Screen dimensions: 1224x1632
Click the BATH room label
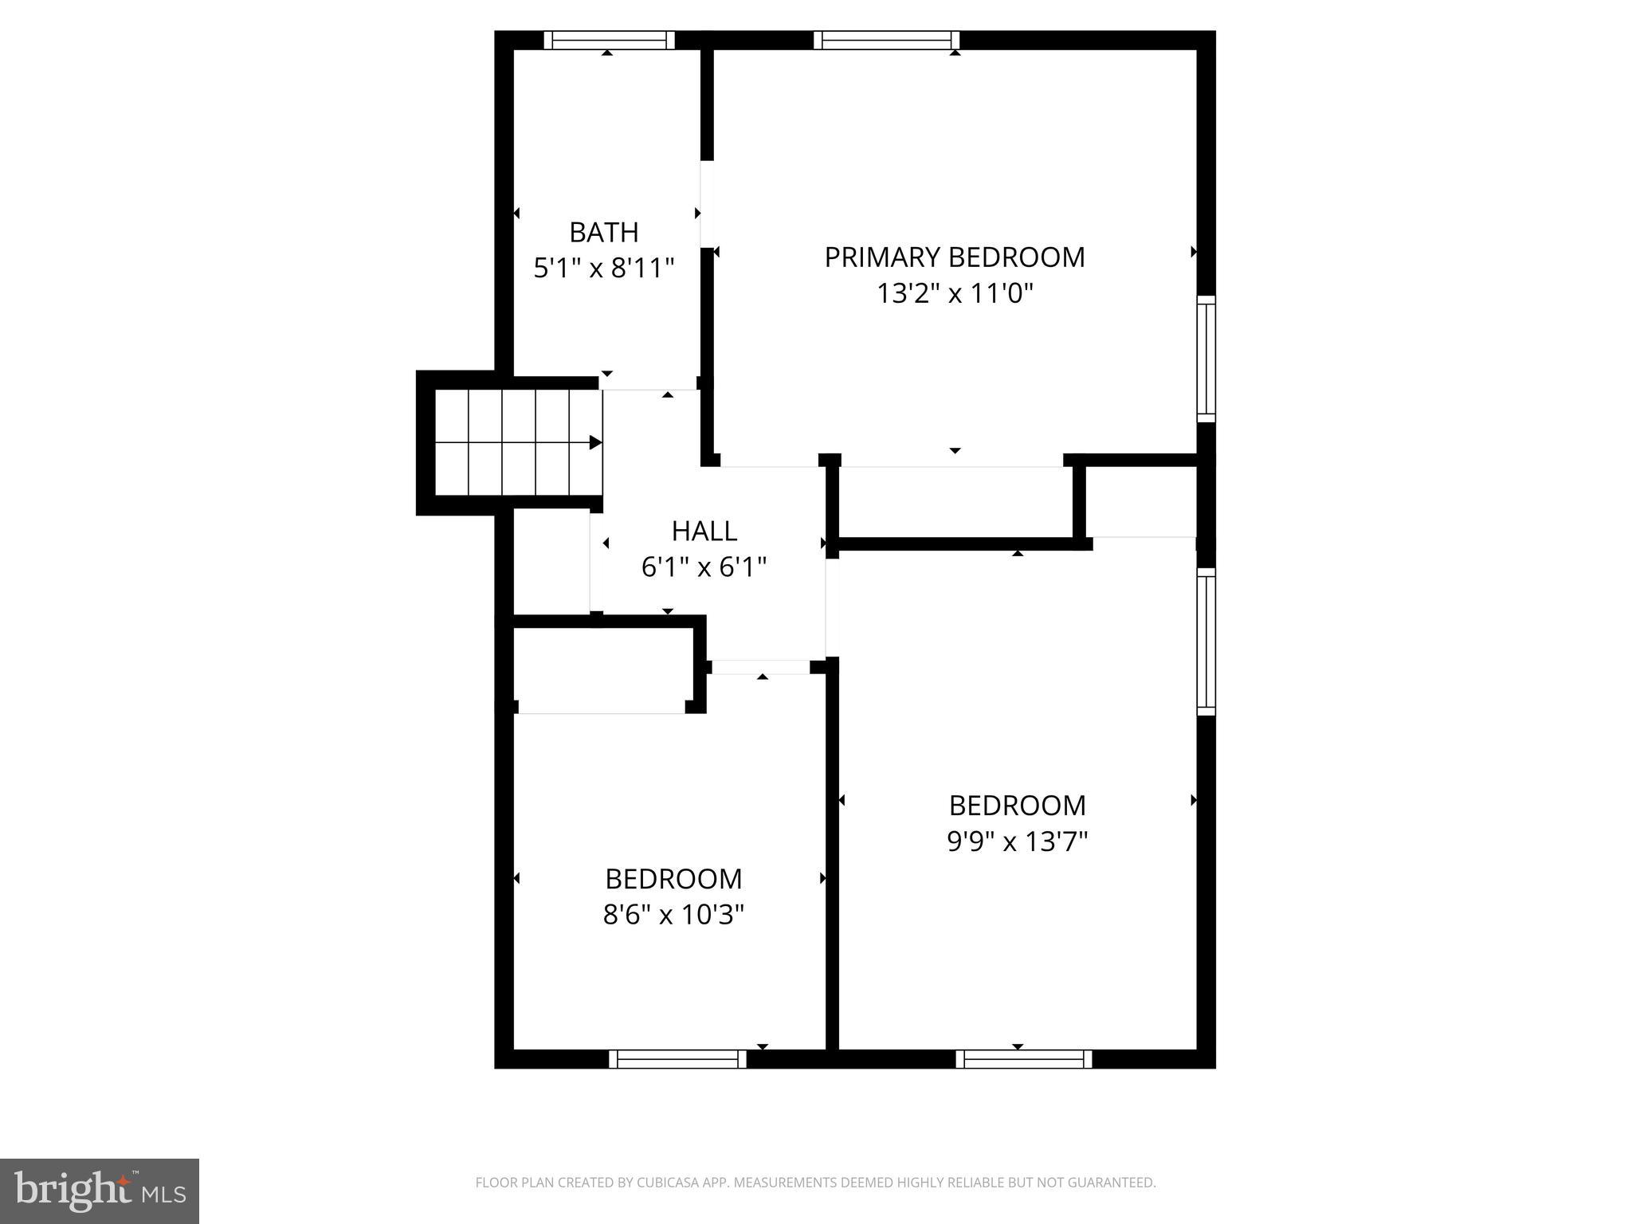(603, 233)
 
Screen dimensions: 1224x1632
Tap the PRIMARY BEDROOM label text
(954, 257)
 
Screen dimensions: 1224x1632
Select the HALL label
(704, 531)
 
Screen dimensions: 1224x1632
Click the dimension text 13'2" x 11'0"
(954, 294)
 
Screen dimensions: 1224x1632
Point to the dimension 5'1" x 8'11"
(603, 269)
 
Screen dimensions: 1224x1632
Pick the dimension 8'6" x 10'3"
(673, 915)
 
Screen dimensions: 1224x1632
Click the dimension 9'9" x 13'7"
(1017, 841)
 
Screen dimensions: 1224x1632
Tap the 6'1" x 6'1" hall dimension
(704, 567)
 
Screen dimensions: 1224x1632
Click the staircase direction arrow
(594, 442)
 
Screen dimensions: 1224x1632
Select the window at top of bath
(609, 40)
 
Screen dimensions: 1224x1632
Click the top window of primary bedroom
(886, 40)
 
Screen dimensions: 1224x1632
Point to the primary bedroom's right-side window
(1206, 359)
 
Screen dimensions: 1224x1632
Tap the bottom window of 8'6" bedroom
(677, 1059)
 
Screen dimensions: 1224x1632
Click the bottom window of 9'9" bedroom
(1023, 1059)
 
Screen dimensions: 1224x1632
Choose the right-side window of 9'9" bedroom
(1206, 641)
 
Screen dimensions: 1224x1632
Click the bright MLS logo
(99, 1191)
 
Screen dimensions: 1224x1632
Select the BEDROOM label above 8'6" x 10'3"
(673, 879)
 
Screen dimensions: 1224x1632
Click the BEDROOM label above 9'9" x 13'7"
(1017, 806)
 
